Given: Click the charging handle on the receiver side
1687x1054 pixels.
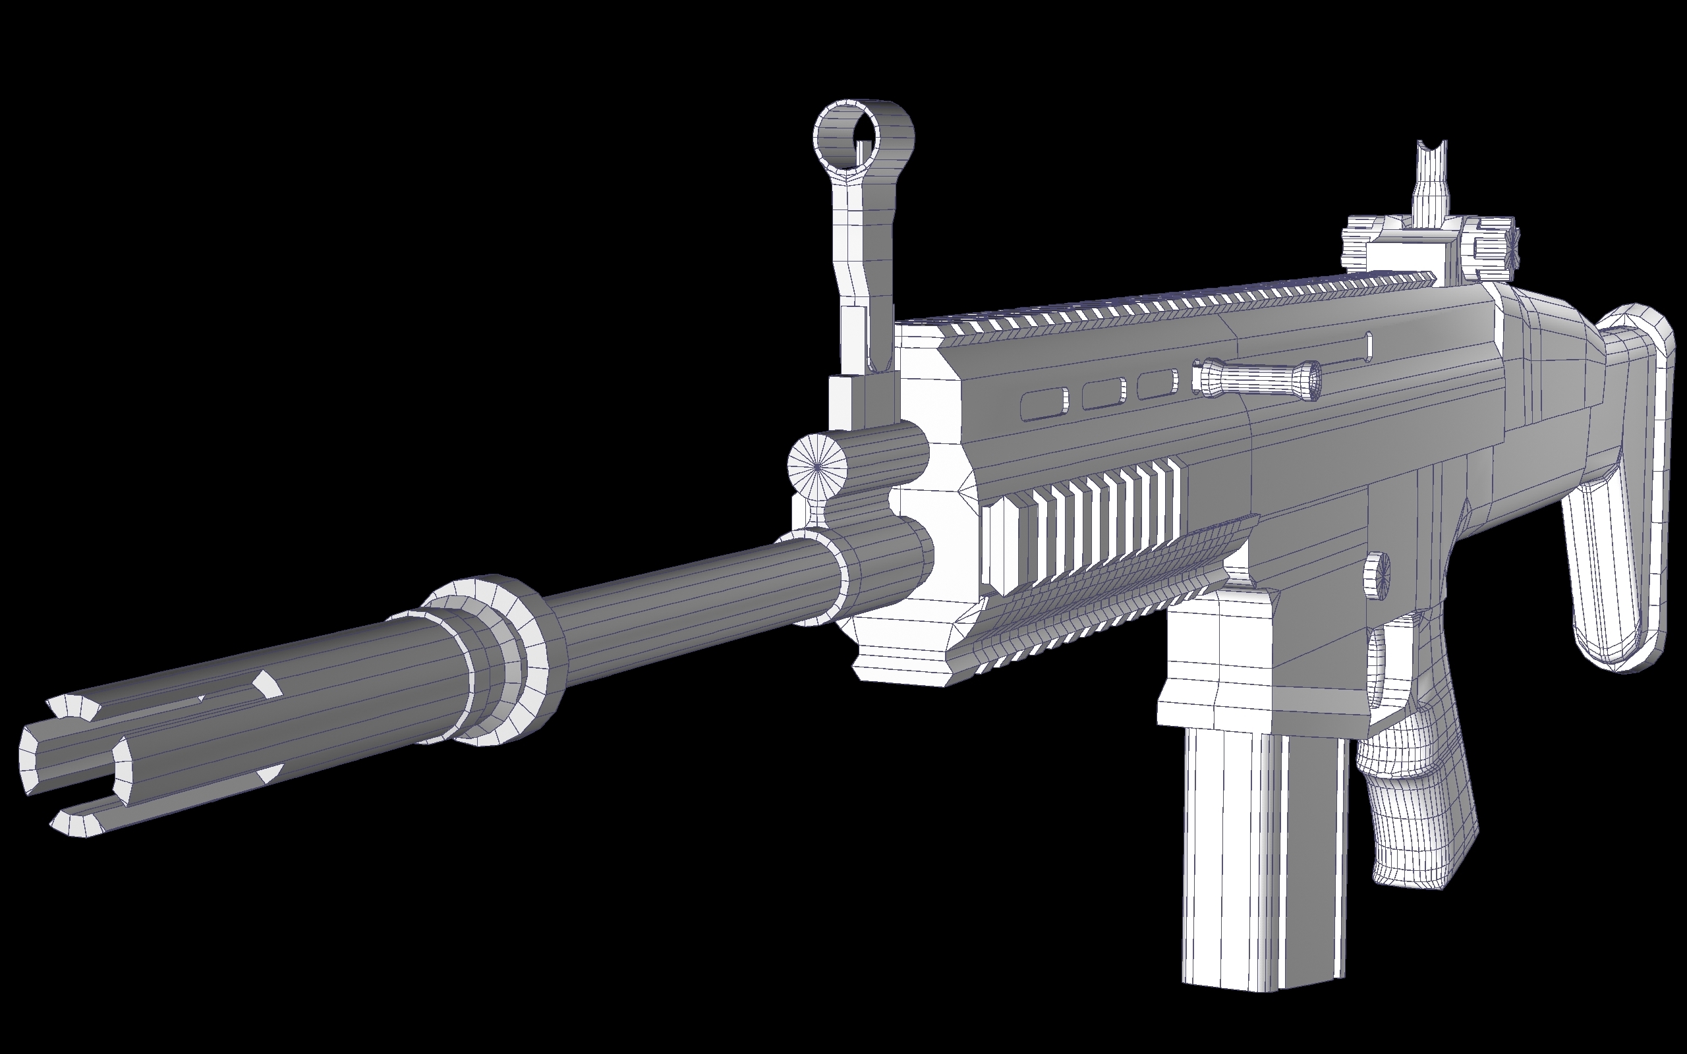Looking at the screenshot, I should [1255, 380].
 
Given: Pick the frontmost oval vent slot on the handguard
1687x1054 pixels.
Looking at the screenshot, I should [1044, 405].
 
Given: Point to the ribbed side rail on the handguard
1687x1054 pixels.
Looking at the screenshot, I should [1087, 530].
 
